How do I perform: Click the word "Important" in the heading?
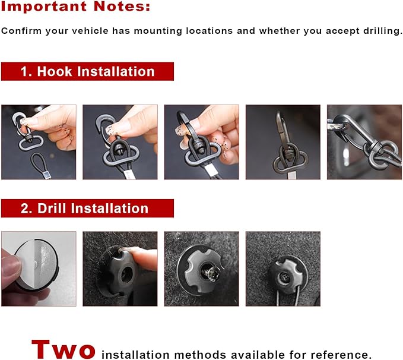(44, 6)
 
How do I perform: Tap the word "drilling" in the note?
(383, 31)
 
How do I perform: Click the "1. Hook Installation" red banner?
(87, 71)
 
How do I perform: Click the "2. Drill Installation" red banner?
(87, 208)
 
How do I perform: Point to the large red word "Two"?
(64, 349)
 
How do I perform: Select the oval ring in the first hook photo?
(31, 143)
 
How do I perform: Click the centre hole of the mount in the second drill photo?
(126, 274)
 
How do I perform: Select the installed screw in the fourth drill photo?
(284, 278)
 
